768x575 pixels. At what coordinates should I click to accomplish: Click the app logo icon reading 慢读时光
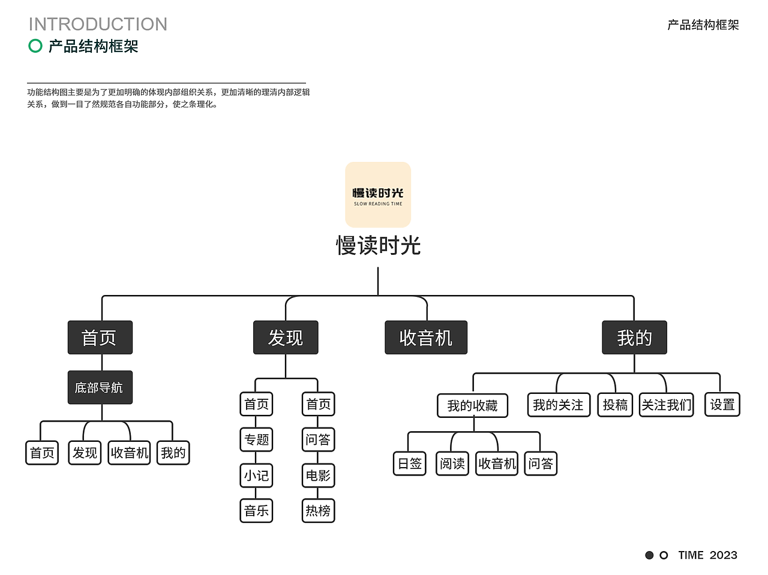pyautogui.click(x=378, y=195)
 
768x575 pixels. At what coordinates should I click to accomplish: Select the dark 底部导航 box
pyautogui.click(x=100, y=387)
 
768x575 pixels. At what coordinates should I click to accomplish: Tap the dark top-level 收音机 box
pyautogui.click(x=425, y=338)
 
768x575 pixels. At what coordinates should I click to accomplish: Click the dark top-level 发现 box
pyautogui.click(x=286, y=338)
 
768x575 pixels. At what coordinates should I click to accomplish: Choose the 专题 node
pyautogui.click(x=256, y=439)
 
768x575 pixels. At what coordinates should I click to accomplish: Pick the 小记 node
pyautogui.click(x=256, y=475)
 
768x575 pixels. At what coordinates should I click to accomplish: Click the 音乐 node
pyautogui.click(x=256, y=511)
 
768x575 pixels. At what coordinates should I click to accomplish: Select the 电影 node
pyautogui.click(x=318, y=475)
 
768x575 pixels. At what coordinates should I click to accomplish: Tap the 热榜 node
pyautogui.click(x=318, y=511)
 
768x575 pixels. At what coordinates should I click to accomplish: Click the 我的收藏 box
pyautogui.click(x=472, y=406)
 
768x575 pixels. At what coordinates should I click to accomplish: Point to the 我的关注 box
pyautogui.click(x=558, y=405)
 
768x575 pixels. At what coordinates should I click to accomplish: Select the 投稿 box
pyautogui.click(x=615, y=405)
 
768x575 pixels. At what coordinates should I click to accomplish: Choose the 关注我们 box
pyautogui.click(x=666, y=405)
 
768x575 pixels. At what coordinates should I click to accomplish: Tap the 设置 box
pyautogui.click(x=722, y=405)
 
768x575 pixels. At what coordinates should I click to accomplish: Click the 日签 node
pyautogui.click(x=410, y=463)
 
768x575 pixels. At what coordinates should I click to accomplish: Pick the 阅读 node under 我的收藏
pyautogui.click(x=452, y=463)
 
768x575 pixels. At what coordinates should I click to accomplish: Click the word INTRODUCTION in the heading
pyautogui.click(x=98, y=25)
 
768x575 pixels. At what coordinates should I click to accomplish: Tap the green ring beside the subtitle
pyautogui.click(x=35, y=46)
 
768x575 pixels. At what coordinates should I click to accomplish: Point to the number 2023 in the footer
pyautogui.click(x=722, y=555)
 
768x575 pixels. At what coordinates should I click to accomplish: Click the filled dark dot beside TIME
pyautogui.click(x=649, y=555)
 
